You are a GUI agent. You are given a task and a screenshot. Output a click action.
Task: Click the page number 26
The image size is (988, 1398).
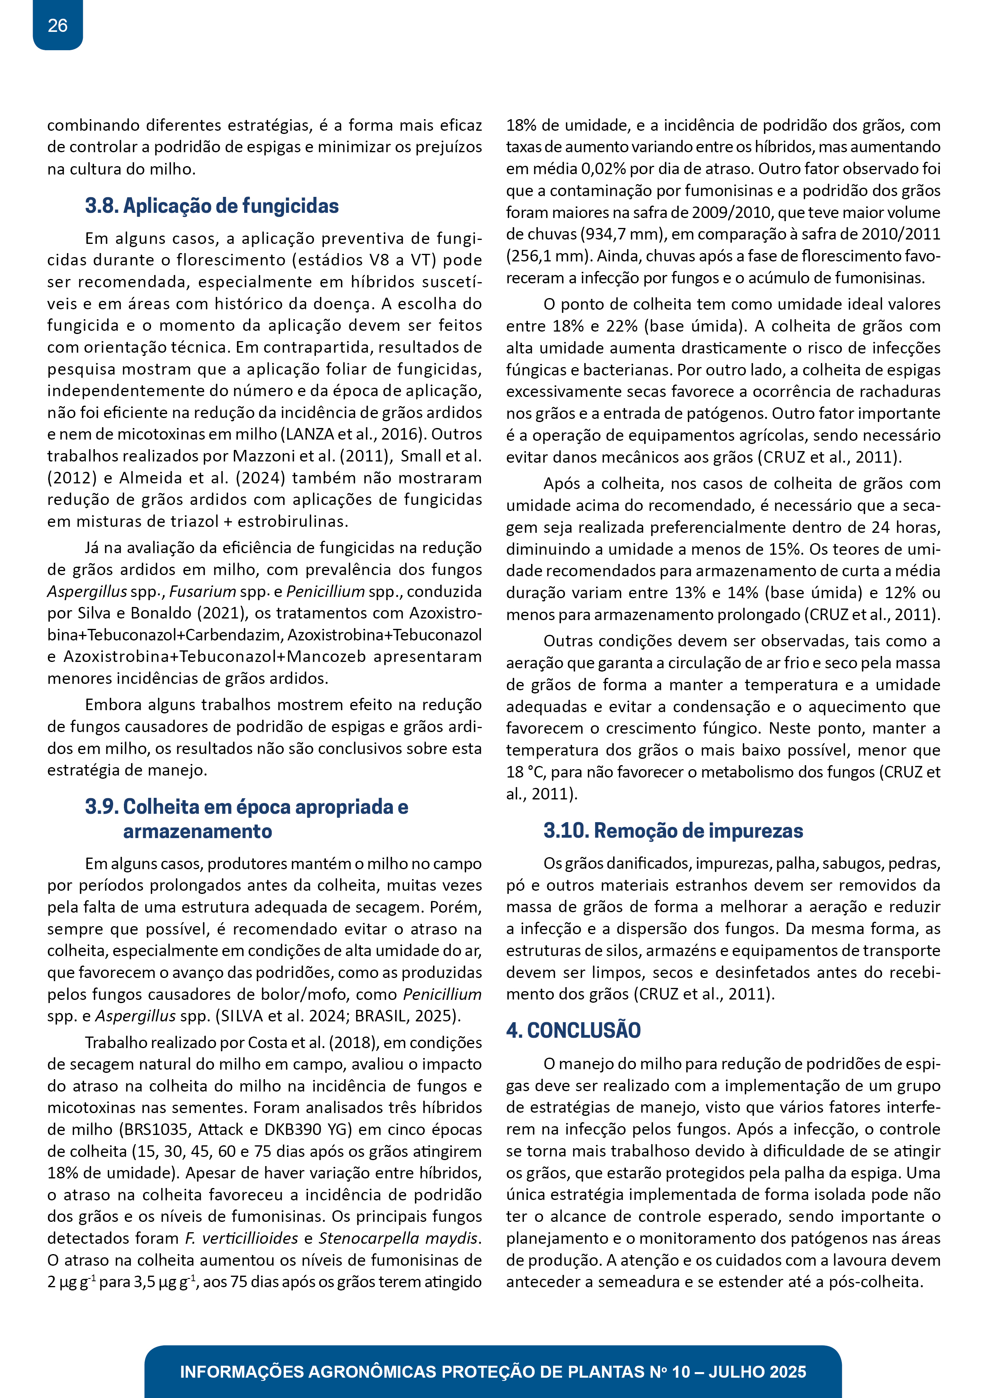tap(57, 26)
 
